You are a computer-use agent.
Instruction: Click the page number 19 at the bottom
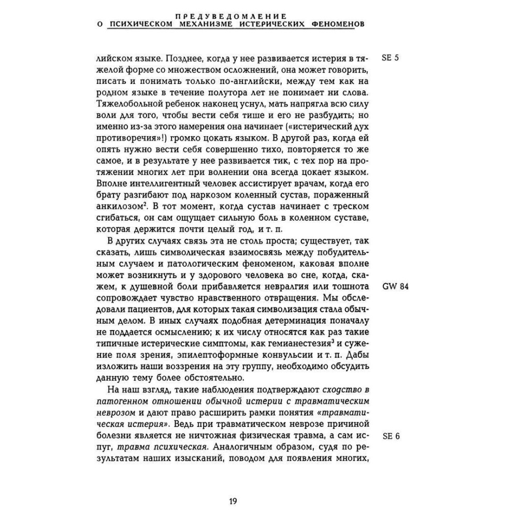click(x=233, y=501)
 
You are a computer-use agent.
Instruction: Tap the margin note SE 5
click(x=390, y=59)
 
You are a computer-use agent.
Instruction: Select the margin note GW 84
click(x=395, y=287)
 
